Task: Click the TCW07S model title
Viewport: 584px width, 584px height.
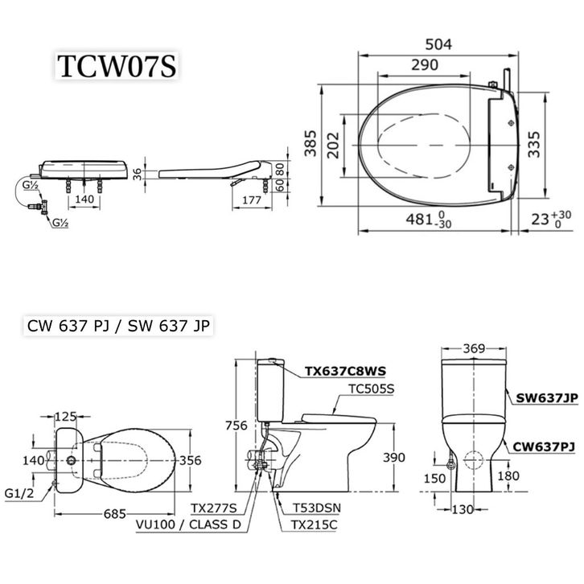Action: (x=117, y=66)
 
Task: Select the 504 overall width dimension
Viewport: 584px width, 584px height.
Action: (x=438, y=44)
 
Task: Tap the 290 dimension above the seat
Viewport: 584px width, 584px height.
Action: (x=425, y=65)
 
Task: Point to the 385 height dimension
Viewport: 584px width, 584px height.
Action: (x=310, y=143)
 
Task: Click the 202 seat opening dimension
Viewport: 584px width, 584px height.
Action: (x=332, y=146)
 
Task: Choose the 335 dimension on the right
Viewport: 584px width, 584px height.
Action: (x=533, y=145)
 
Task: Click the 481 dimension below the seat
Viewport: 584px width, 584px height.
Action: (x=419, y=220)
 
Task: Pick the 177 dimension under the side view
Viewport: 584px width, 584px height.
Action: (x=252, y=200)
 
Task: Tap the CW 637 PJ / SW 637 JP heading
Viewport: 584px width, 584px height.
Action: (x=118, y=326)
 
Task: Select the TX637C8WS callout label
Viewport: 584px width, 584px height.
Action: (x=345, y=372)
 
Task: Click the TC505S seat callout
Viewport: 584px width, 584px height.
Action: (x=371, y=389)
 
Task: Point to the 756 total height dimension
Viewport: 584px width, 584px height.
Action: (x=236, y=426)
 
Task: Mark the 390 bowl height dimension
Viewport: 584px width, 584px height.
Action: (x=393, y=458)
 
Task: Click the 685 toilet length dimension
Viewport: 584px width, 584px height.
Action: (x=115, y=514)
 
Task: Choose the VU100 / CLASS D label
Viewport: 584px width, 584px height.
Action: (x=188, y=524)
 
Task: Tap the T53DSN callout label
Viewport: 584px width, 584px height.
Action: (x=317, y=508)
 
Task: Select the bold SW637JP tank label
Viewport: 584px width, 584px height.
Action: (x=547, y=398)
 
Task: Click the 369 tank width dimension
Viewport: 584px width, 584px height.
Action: (x=474, y=348)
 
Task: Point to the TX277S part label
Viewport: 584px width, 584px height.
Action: (x=214, y=508)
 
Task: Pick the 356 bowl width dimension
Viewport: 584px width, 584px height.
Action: (x=191, y=460)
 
